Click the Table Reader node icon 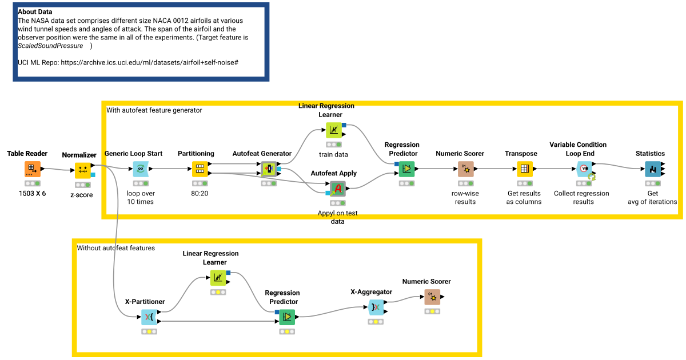[33, 169]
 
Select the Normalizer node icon [83, 170]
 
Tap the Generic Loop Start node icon [141, 169]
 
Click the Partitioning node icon [199, 169]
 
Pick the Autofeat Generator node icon [269, 169]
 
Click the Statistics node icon [652, 169]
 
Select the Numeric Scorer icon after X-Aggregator [432, 297]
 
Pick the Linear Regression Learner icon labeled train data [333, 130]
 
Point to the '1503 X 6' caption [32, 193]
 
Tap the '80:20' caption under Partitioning [200, 193]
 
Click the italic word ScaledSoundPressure [50, 46]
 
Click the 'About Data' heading [35, 11]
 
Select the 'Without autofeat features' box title [116, 248]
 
